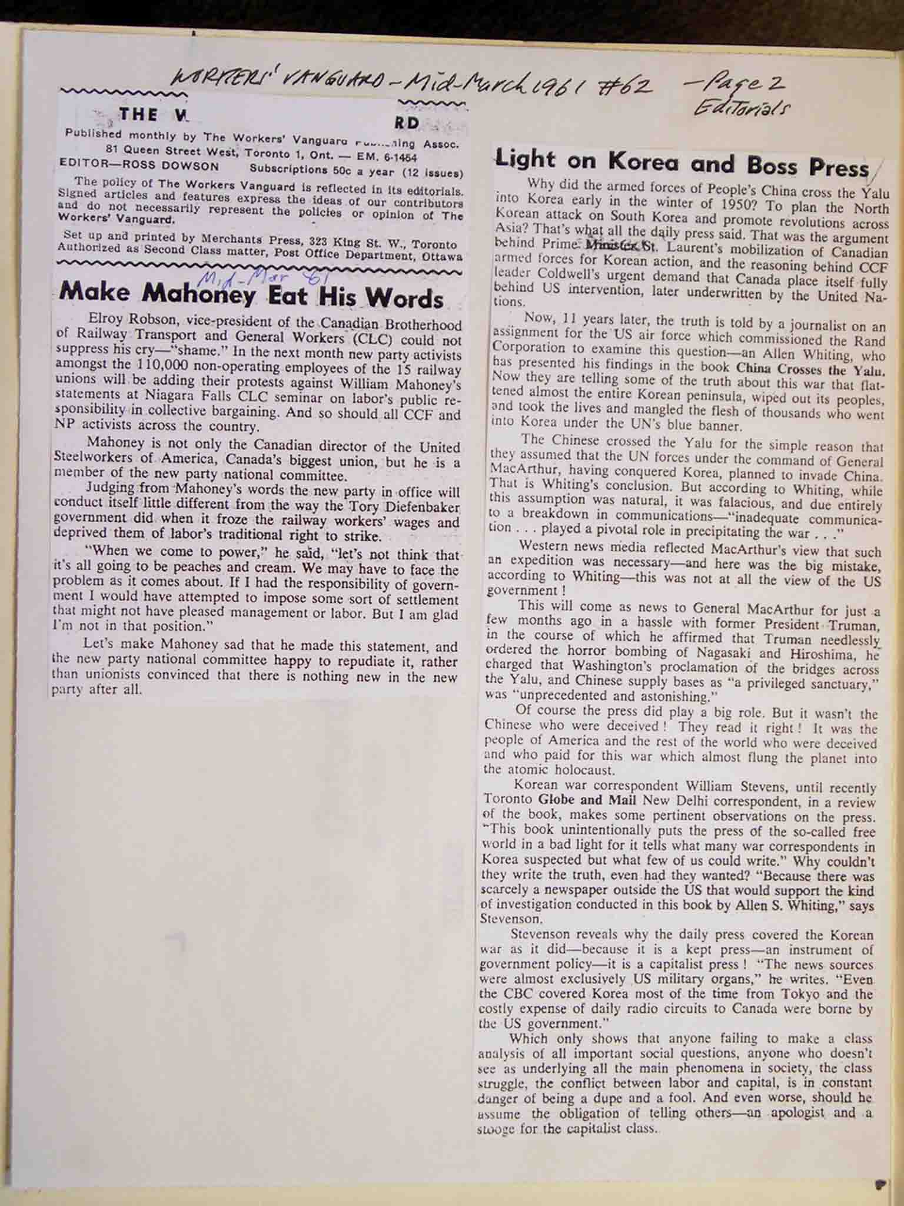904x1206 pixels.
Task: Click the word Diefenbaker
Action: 421,506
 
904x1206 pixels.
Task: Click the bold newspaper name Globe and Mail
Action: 589,800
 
